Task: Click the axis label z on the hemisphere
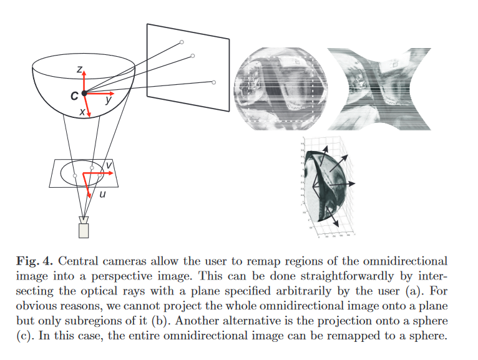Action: pos(79,71)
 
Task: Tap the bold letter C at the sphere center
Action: pos(74,95)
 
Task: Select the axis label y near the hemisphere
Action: pos(109,99)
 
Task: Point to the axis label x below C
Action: pos(82,112)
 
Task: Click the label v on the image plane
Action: pos(109,165)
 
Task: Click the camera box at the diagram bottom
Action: pos(84,228)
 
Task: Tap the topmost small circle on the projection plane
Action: pos(182,42)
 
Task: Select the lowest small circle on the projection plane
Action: pos(214,82)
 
